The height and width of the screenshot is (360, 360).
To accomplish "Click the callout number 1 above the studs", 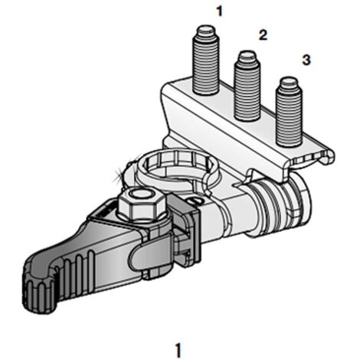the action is pyautogui.click(x=219, y=11).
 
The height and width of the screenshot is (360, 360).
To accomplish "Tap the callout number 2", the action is pyautogui.click(x=263, y=35).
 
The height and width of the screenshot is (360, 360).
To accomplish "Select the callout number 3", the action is pyautogui.click(x=306, y=60).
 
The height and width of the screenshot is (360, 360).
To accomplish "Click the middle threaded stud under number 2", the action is pyautogui.click(x=247, y=86).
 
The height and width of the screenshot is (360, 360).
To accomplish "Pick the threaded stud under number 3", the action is pyautogui.click(x=289, y=113).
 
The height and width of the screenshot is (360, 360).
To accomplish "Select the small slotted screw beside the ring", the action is pyautogui.click(x=196, y=201).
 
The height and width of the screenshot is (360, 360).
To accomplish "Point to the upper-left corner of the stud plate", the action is pyautogui.click(x=163, y=87).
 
